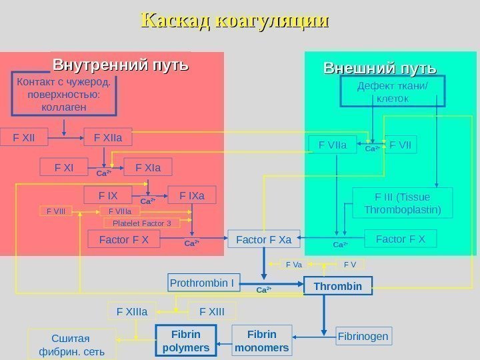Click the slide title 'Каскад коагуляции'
tap(235, 21)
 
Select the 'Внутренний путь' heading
tap(121, 66)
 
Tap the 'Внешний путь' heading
tap(379, 69)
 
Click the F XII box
tap(24, 138)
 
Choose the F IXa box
tap(192, 195)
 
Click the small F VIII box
tap(56, 211)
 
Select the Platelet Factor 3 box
tap(141, 223)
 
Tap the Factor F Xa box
tap(264, 238)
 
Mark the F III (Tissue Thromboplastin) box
tap(402, 203)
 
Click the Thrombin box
tap(337, 286)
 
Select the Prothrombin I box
tap(201, 283)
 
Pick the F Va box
tap(293, 265)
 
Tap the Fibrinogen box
tap(363, 336)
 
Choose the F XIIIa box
tap(132, 311)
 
